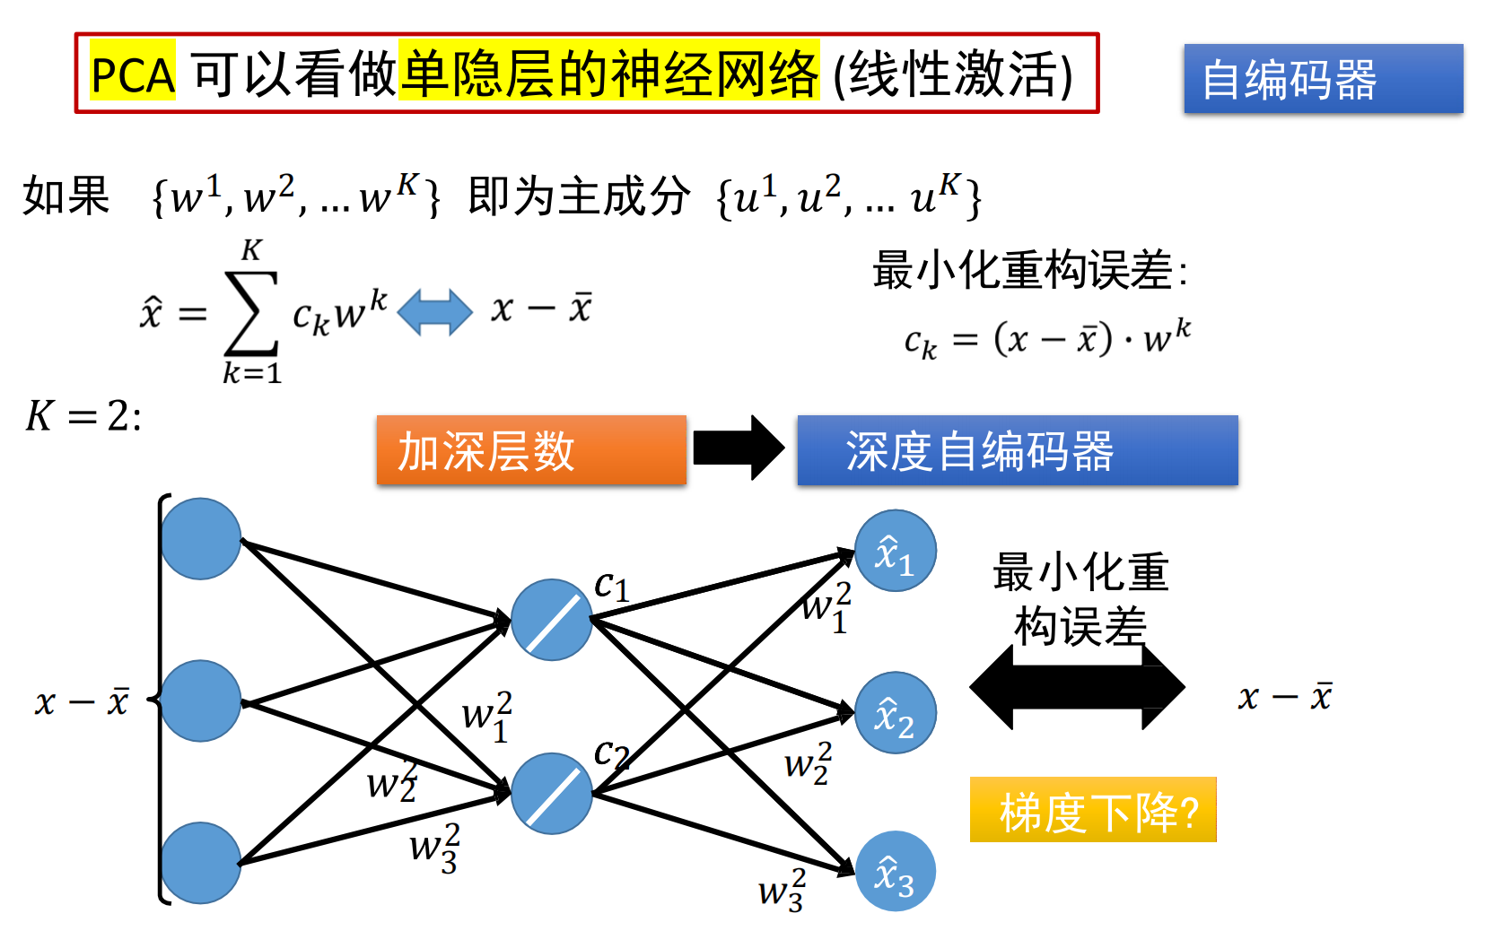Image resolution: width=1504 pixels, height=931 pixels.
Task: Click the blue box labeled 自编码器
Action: (1323, 79)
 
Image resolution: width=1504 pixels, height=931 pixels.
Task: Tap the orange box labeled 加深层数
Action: (531, 450)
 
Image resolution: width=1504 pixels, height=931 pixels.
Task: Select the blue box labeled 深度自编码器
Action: (1017, 450)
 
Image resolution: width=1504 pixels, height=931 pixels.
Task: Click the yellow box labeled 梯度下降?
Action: (1093, 810)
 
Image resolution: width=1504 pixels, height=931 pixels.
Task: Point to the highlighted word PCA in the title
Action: (133, 74)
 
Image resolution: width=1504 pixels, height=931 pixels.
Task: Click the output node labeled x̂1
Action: (895, 551)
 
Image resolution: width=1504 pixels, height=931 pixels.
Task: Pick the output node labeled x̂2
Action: (895, 713)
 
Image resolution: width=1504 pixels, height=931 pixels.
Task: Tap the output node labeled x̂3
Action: (895, 872)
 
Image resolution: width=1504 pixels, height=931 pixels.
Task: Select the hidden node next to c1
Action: (552, 620)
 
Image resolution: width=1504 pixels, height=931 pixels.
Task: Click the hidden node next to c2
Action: (552, 794)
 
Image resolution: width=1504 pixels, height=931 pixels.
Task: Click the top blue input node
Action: (201, 539)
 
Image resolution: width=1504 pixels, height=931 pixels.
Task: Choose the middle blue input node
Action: (201, 700)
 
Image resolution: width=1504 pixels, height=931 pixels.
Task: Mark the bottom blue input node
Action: (201, 863)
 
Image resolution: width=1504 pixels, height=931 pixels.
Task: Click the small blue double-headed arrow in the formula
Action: (434, 312)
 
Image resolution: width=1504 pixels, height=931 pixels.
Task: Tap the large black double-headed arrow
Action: (1077, 688)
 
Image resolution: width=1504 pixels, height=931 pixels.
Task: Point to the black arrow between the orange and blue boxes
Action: (739, 448)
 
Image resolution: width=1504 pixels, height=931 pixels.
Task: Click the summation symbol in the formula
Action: (251, 312)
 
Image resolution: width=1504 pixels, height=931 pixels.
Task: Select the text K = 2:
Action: (83, 416)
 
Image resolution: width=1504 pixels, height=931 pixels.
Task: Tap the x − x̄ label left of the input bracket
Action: (82, 701)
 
